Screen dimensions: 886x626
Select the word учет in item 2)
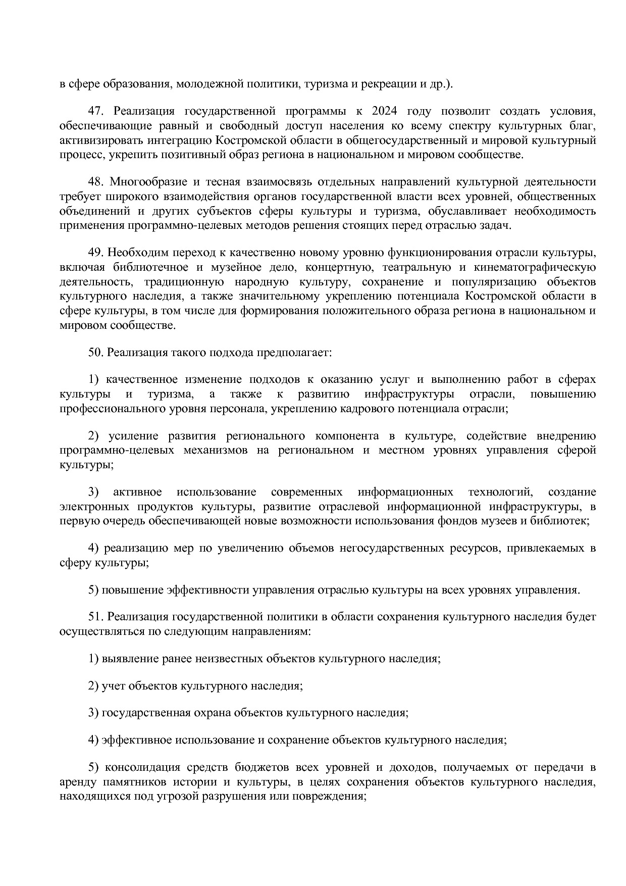(x=114, y=686)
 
